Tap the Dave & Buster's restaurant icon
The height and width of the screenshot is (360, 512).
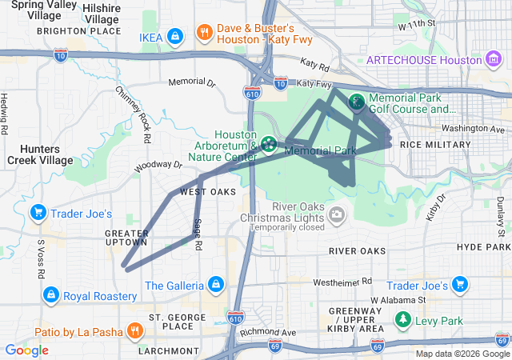coord(205,33)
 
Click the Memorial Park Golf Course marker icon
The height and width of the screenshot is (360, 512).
coord(355,102)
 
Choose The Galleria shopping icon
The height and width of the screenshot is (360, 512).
coord(215,285)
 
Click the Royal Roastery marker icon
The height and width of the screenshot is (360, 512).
coord(51,296)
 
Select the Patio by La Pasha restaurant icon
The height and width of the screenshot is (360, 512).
coord(134,330)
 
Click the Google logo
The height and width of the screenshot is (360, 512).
coord(26,350)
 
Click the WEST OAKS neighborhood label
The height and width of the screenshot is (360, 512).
coord(208,192)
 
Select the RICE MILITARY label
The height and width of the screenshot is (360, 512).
coord(435,145)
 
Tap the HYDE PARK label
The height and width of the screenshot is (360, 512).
coord(483,247)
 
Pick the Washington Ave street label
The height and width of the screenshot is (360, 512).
coord(474,128)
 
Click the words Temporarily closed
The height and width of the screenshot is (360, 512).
coord(286,227)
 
